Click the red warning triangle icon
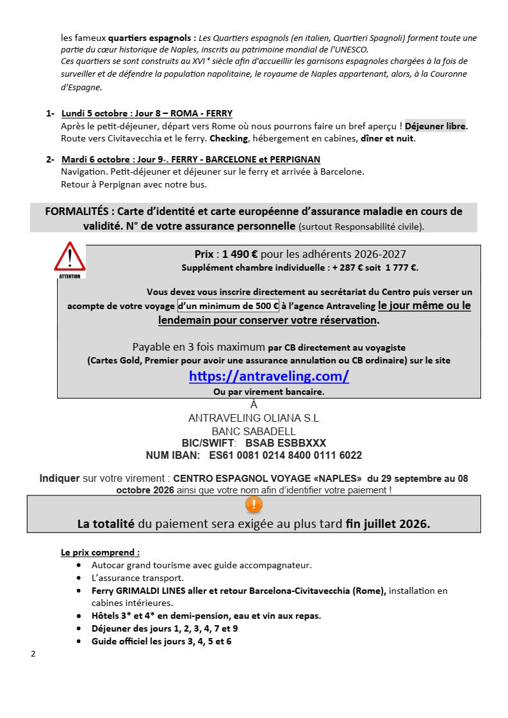[69, 257]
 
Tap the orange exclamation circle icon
[254, 505]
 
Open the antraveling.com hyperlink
[269, 376]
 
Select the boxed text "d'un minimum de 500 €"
[228, 306]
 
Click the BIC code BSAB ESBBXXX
[286, 443]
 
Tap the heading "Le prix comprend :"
[100, 552]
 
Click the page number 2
[33, 654]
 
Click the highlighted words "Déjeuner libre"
[435, 126]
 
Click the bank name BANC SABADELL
[254, 431]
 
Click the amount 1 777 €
[401, 267]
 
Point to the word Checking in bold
[229, 138]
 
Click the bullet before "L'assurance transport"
[79, 578]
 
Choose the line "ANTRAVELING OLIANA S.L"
[254, 418]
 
